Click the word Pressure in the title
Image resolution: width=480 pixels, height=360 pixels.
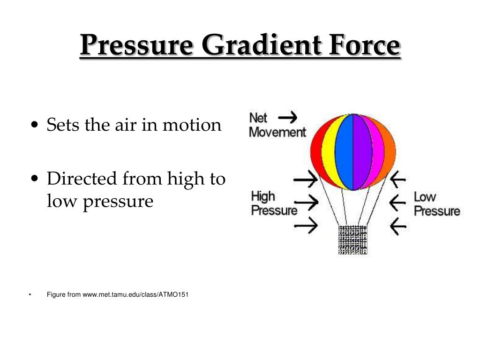pos(136,46)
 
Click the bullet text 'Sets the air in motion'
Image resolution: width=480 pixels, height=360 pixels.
pos(134,125)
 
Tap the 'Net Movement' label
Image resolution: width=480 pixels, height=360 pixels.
pos(277,126)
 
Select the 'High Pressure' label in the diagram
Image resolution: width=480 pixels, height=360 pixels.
pos(274,203)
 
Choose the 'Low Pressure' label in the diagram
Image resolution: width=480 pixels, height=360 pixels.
pos(436,203)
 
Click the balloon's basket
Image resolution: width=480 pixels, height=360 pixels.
pos(352,240)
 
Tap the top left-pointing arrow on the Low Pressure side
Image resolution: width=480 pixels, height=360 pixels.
pos(398,179)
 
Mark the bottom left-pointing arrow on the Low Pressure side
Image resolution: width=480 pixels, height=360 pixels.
pos(398,227)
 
